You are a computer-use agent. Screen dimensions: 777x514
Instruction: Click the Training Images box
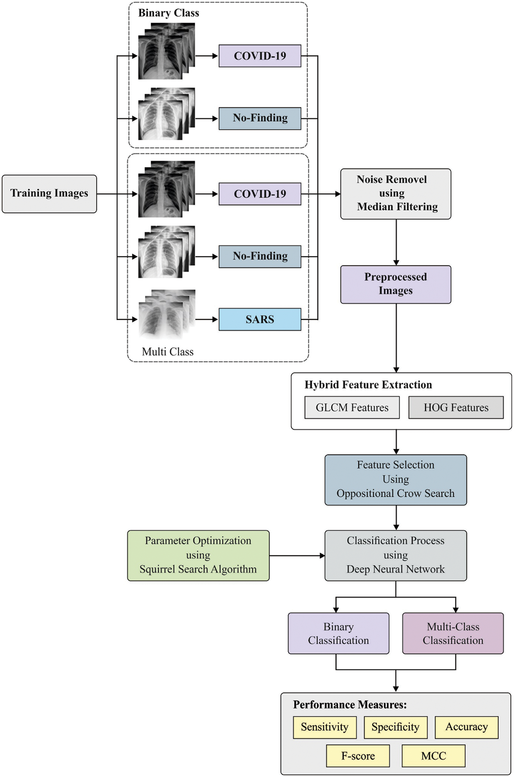[x=49, y=194]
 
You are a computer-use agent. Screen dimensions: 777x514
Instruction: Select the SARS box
[x=260, y=319]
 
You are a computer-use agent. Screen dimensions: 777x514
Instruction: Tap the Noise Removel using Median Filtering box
[x=396, y=194]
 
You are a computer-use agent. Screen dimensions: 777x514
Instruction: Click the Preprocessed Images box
[x=396, y=284]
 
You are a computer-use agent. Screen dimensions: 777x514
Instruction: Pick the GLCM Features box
[x=352, y=407]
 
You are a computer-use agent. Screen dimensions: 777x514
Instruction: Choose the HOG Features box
[x=456, y=407]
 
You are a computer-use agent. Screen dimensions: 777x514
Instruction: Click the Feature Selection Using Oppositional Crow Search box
[x=396, y=480]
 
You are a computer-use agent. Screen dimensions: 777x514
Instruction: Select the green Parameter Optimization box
[x=198, y=555]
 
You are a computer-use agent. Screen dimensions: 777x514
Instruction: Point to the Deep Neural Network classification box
[x=396, y=555]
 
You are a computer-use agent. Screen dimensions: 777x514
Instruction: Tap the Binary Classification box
[x=338, y=633]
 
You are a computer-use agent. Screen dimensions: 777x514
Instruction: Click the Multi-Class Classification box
[x=453, y=633]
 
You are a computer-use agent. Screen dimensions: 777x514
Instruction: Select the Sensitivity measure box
[x=325, y=727]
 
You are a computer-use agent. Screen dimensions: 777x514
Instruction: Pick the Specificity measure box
[x=395, y=727]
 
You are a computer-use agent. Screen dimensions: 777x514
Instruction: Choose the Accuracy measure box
[x=467, y=727]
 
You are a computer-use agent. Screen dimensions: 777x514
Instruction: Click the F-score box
[x=358, y=756]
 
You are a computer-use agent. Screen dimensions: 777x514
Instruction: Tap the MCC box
[x=433, y=756]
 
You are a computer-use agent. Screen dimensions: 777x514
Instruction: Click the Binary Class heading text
[x=168, y=13]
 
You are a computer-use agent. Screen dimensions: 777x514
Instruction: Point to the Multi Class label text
[x=168, y=352]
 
